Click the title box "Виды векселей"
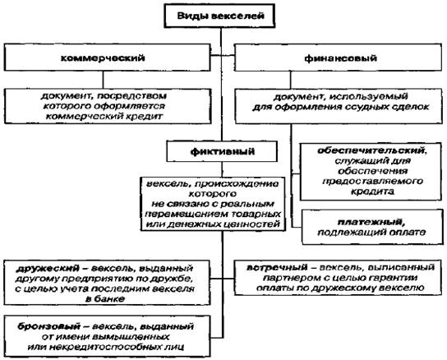pyautogui.click(x=219, y=16)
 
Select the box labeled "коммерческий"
pyautogui.click(x=107, y=58)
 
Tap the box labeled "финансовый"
pyautogui.click(x=339, y=58)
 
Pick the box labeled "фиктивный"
pyautogui.click(x=222, y=151)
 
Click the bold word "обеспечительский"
pyautogui.click(x=371, y=150)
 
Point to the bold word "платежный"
pyautogui.click(x=371, y=222)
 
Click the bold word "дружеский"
pyautogui.click(x=48, y=268)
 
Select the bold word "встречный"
pyautogui.click(x=277, y=267)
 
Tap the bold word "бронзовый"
pyautogui.click(x=48, y=326)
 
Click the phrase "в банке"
pyautogui.click(x=105, y=299)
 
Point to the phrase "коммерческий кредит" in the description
pyautogui.click(x=104, y=117)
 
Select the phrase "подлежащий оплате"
pyautogui.click(x=371, y=233)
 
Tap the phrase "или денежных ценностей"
pyautogui.click(x=213, y=224)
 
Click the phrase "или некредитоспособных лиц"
pyautogui.click(x=106, y=347)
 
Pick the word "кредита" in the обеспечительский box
pyautogui.click(x=372, y=192)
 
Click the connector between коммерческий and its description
pyautogui.click(x=103, y=80)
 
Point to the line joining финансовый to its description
pyautogui.click(x=291, y=80)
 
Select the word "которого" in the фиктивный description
pyautogui.click(x=213, y=194)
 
